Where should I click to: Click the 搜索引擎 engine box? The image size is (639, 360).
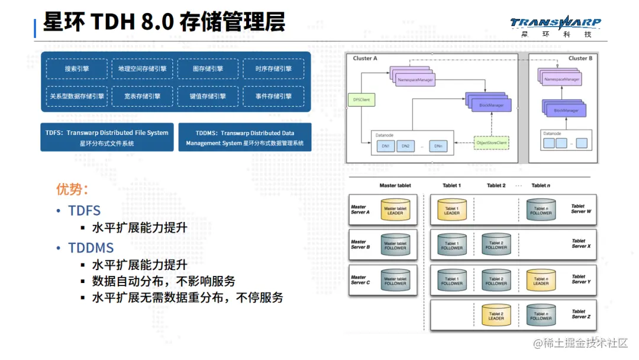[77, 69]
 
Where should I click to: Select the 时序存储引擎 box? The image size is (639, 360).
[273, 69]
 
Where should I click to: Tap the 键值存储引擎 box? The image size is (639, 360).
[208, 96]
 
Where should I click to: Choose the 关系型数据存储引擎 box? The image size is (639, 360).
[77, 96]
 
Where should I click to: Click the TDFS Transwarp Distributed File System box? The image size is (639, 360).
[106, 137]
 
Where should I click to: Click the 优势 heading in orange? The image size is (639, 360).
[72, 189]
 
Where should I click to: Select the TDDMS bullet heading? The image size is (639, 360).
[91, 247]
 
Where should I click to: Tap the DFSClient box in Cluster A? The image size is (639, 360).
[361, 100]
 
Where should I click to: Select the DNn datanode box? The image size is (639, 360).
[438, 146]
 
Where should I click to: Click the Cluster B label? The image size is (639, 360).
[580, 59]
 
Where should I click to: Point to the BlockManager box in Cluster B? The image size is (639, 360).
[565, 110]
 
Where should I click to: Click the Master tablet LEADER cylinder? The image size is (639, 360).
[395, 210]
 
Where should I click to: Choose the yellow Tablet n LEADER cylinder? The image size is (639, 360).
[541, 279]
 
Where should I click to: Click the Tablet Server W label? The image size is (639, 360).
[578, 209]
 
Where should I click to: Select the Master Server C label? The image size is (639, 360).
[360, 279]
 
